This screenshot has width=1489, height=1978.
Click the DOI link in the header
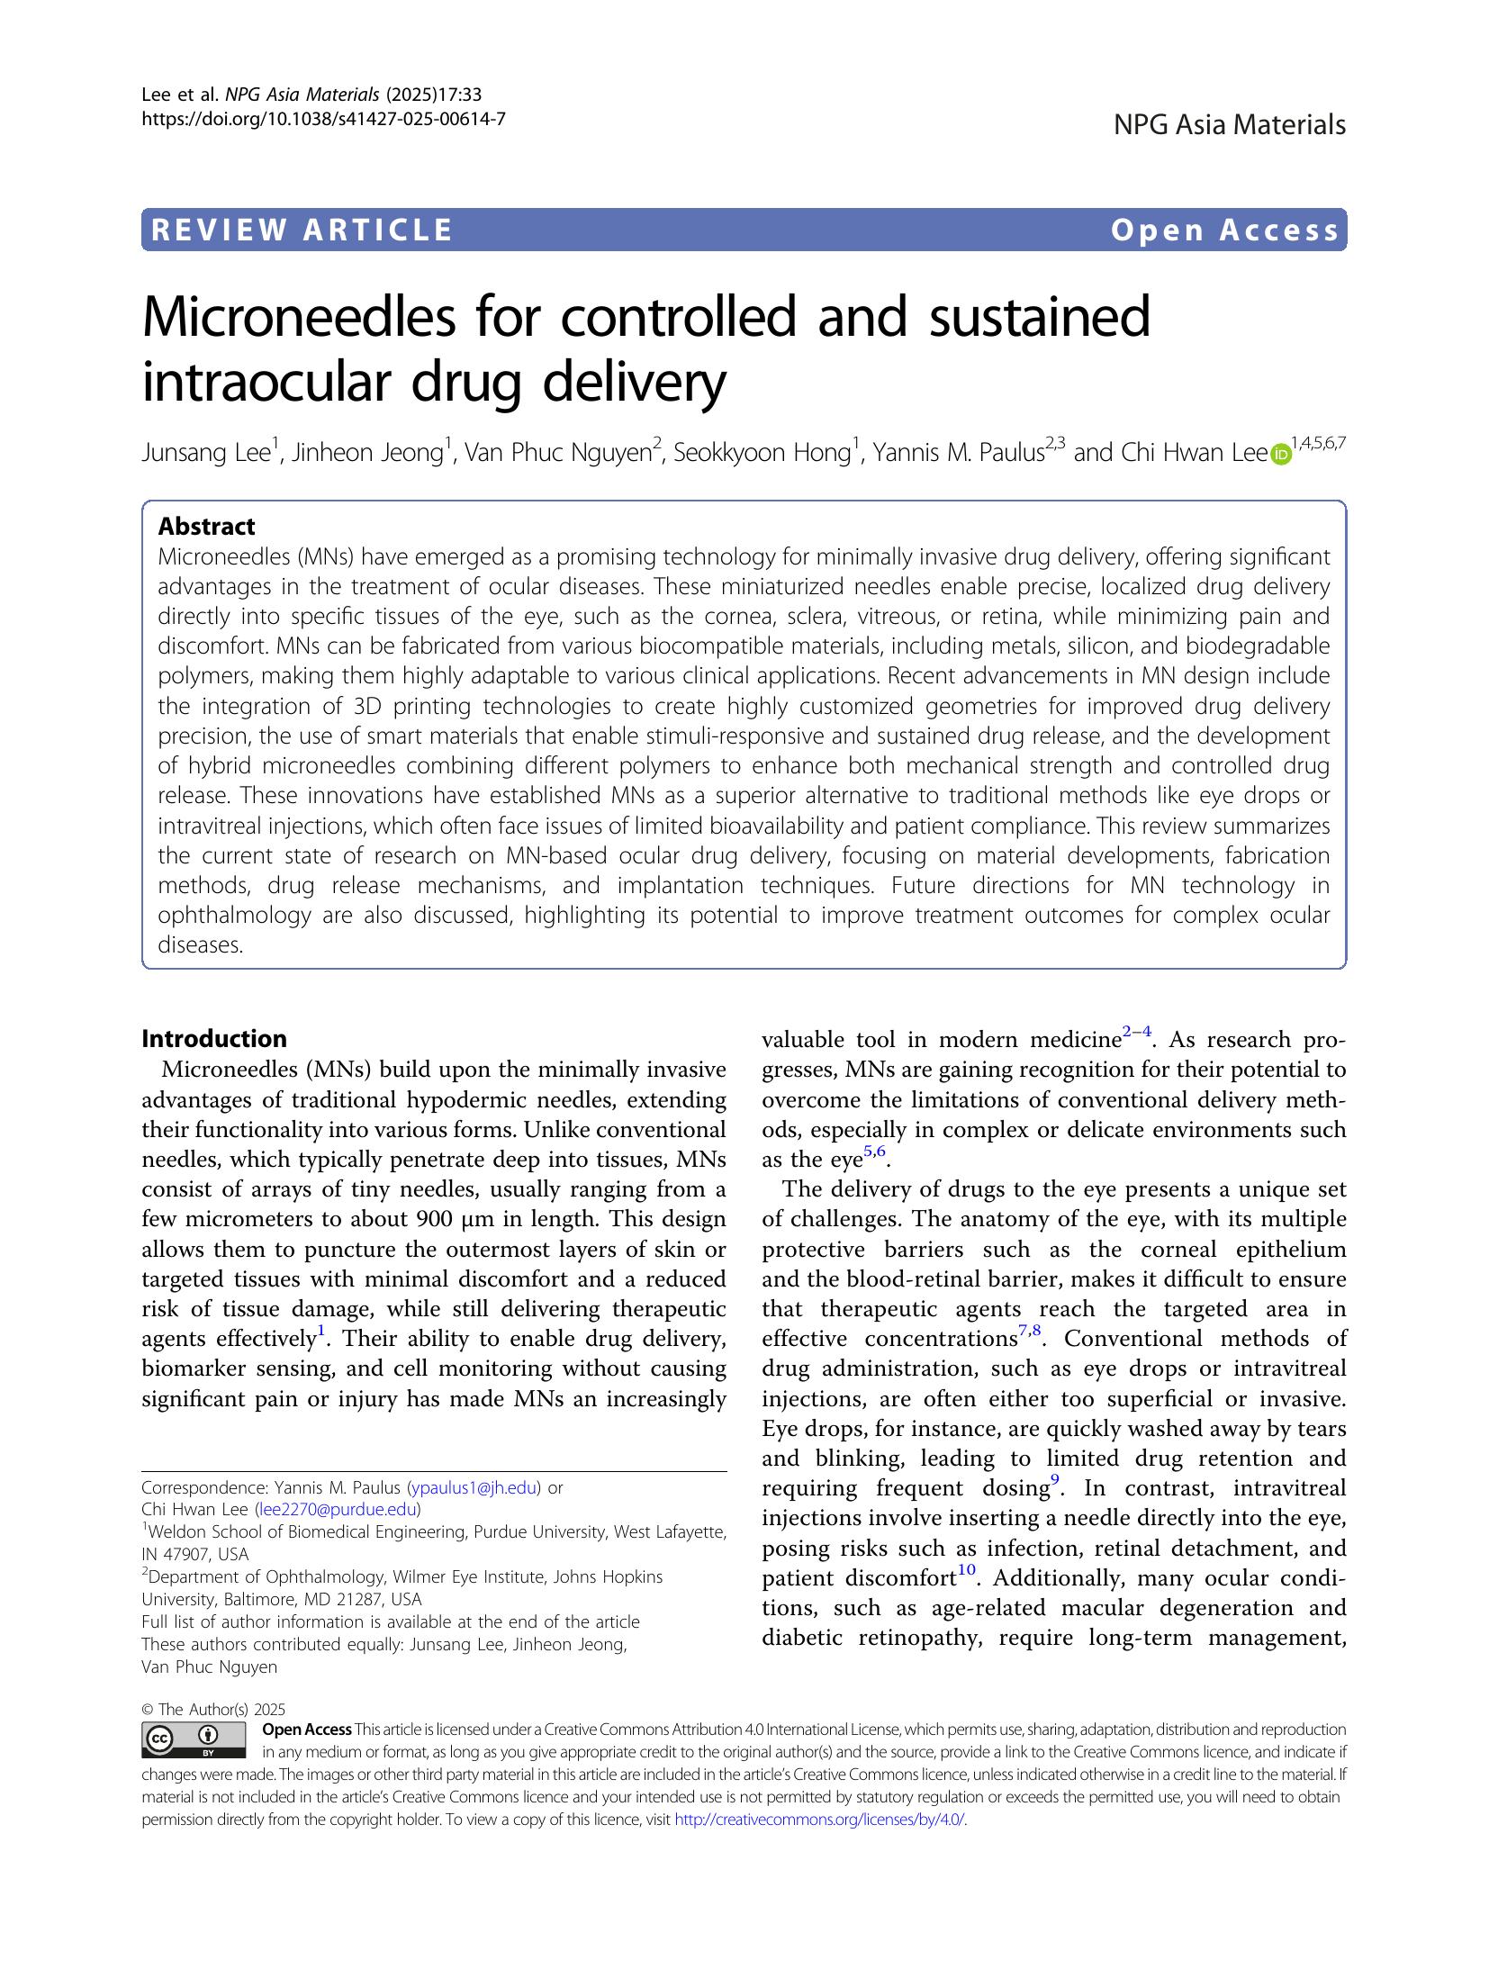[323, 117]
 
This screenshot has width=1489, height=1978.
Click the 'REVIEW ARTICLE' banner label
[302, 230]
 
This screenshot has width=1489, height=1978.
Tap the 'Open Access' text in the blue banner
[1225, 230]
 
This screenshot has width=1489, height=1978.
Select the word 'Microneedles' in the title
[298, 318]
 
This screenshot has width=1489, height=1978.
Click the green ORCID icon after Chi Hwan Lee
[1279, 456]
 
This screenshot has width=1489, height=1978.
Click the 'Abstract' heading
[206, 527]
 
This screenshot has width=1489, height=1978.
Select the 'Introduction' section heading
[214, 1039]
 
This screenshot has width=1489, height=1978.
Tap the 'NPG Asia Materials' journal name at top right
[1229, 125]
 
